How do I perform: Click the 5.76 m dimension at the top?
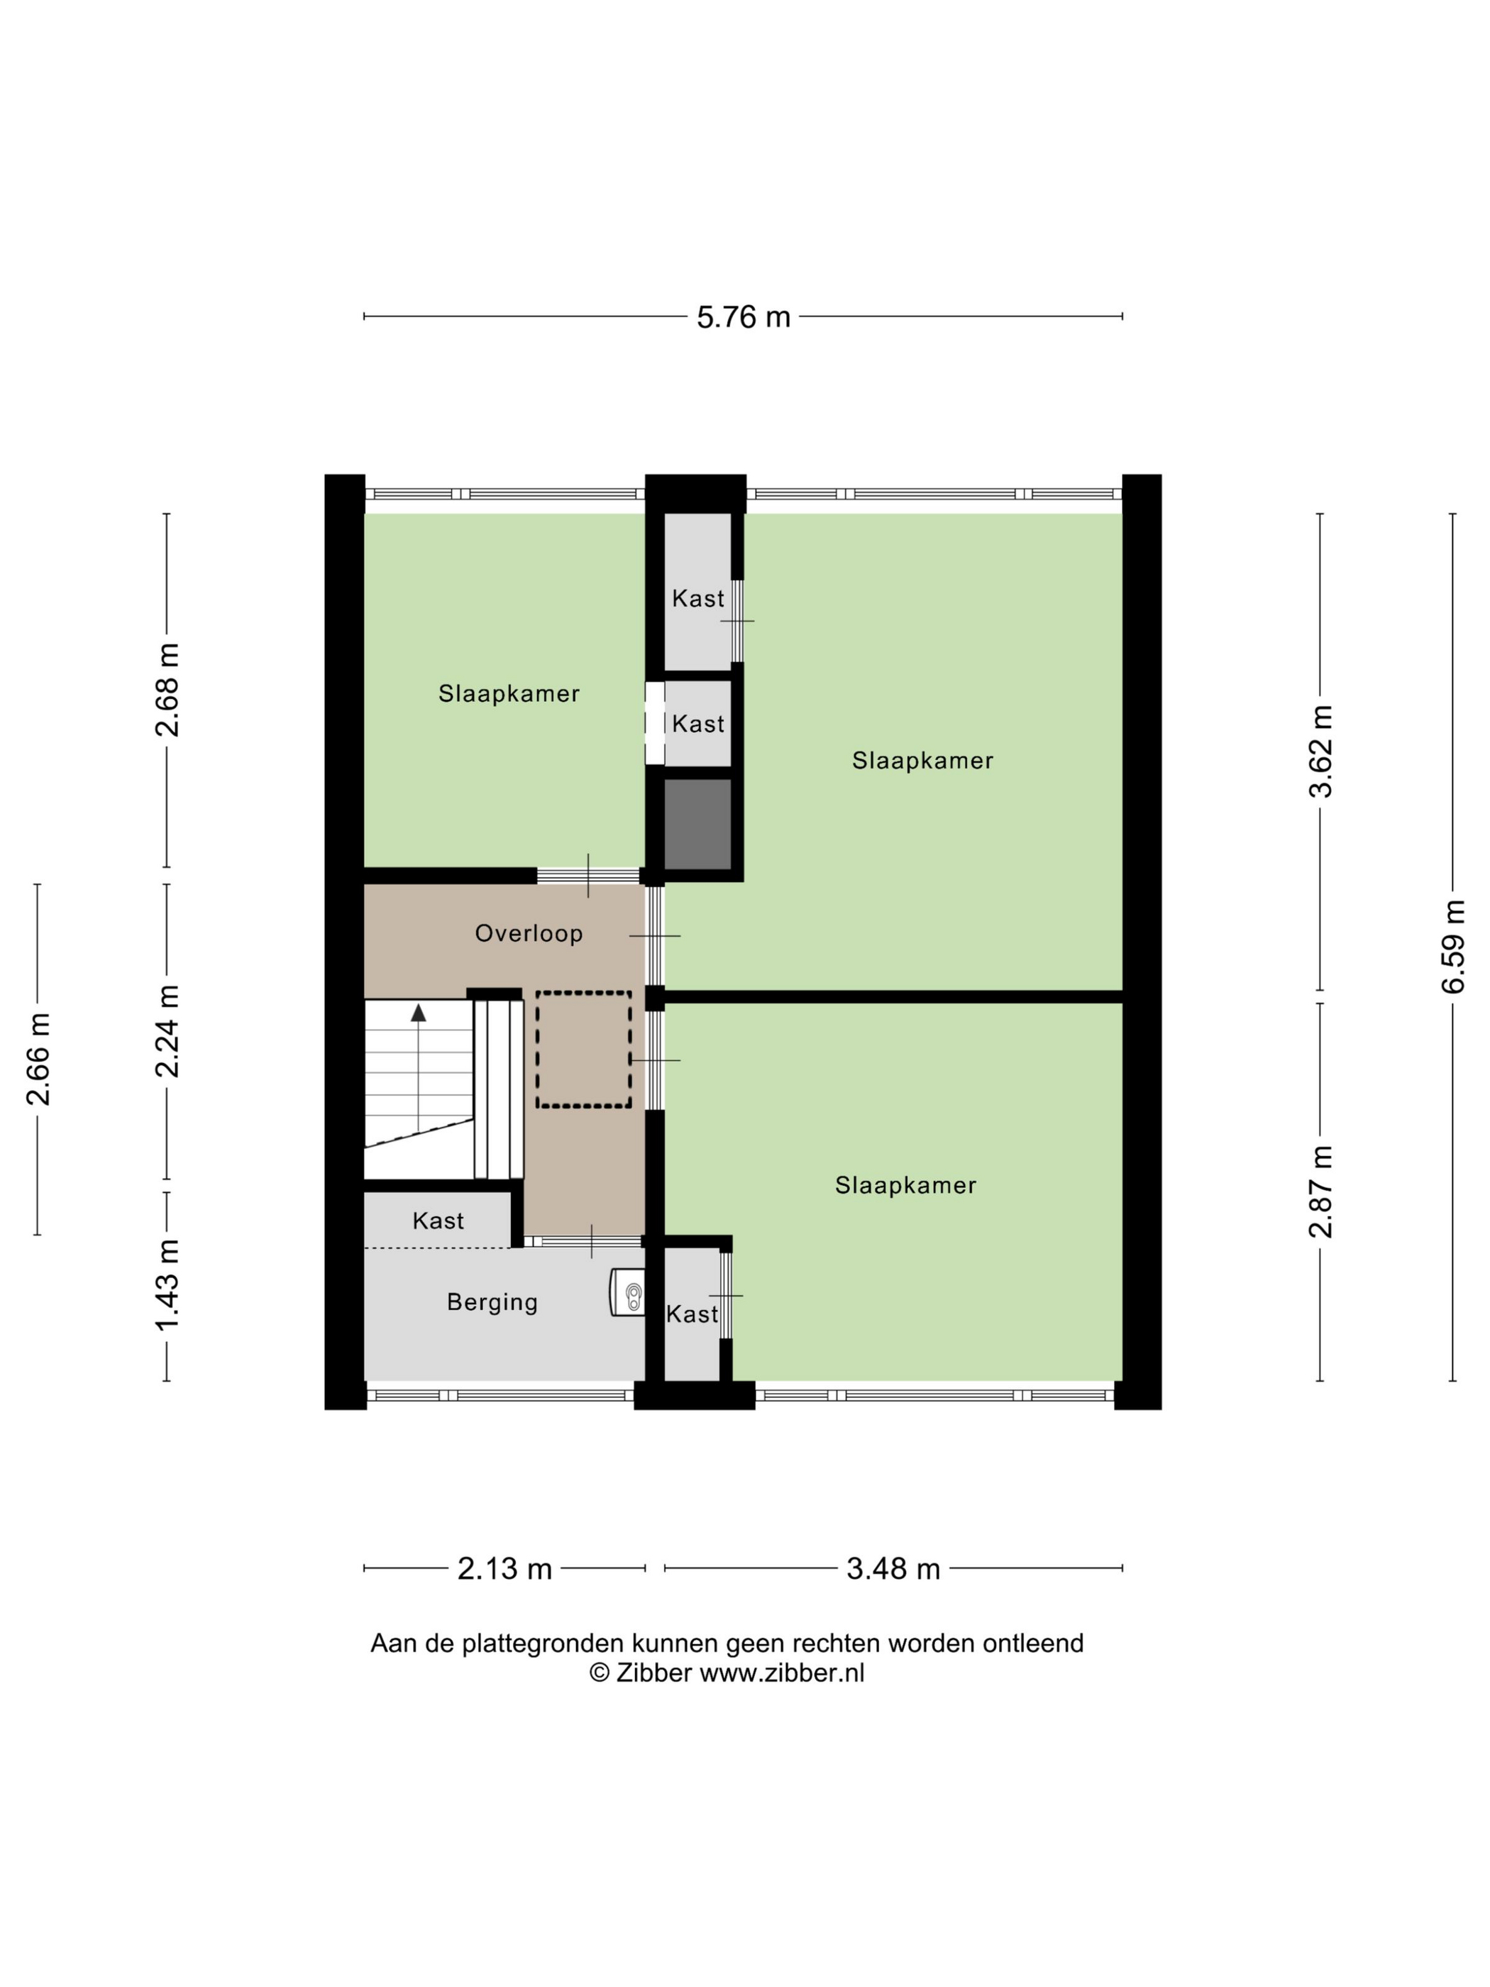pyautogui.click(x=743, y=317)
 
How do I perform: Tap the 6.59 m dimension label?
pyautogui.click(x=1452, y=946)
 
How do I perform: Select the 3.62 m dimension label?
pyautogui.click(x=1320, y=751)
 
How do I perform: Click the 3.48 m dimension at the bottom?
pyautogui.click(x=893, y=1568)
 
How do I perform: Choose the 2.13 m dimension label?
pyautogui.click(x=504, y=1568)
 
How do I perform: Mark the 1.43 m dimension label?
pyautogui.click(x=167, y=1284)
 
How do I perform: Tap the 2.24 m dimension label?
pyautogui.click(x=167, y=1030)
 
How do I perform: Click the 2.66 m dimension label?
pyautogui.click(x=38, y=1058)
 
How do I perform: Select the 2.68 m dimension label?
pyautogui.click(x=167, y=690)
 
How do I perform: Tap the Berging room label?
pyautogui.click(x=492, y=1301)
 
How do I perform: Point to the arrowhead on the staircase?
pyautogui.click(x=419, y=1013)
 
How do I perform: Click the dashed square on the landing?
pyautogui.click(x=583, y=1049)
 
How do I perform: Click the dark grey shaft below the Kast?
pyautogui.click(x=697, y=824)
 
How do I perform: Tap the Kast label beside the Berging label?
pyautogui.click(x=692, y=1314)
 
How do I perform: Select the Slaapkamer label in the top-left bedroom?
pyautogui.click(x=508, y=693)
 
